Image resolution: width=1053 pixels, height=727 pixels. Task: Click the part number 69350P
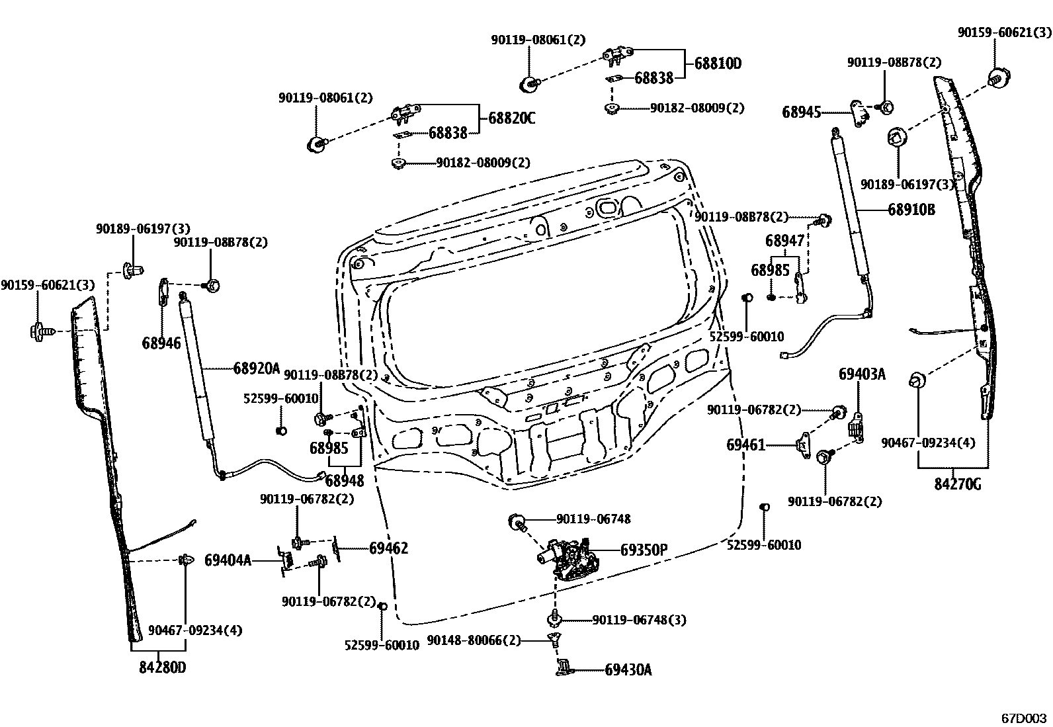(644, 550)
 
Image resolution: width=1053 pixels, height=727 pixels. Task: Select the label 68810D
(718, 64)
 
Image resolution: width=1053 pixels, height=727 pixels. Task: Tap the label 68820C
(512, 118)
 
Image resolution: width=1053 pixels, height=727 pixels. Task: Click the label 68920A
(257, 368)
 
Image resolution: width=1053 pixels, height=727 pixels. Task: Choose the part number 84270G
(957, 485)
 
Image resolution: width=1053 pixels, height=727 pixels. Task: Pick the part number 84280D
(163, 667)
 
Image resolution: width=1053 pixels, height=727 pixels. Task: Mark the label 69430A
(628, 670)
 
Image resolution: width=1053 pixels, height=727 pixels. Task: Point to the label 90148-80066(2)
(474, 640)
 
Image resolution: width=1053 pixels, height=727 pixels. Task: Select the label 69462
(388, 548)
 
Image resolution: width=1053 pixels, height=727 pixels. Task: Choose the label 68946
(161, 343)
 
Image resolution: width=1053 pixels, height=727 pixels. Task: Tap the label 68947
(785, 240)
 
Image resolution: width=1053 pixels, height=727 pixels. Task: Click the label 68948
(344, 480)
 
